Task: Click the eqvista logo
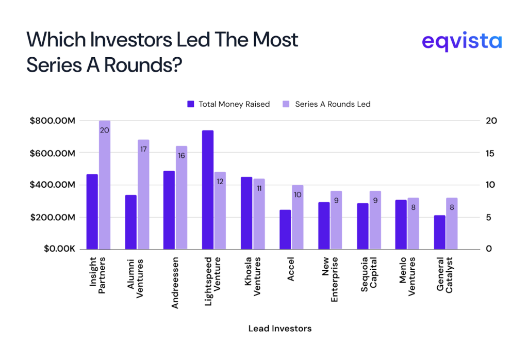point(461,41)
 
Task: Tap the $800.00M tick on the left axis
point(53,121)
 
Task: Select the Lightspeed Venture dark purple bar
point(208,190)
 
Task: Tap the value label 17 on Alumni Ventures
point(143,150)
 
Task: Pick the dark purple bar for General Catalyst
point(440,232)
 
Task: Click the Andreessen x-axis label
point(175,282)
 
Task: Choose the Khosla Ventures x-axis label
point(252,277)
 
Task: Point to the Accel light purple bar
point(298,217)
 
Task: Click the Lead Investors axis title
point(279,329)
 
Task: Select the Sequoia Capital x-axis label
point(368,279)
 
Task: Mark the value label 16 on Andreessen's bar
point(181,156)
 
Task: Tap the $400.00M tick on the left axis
point(53,185)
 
